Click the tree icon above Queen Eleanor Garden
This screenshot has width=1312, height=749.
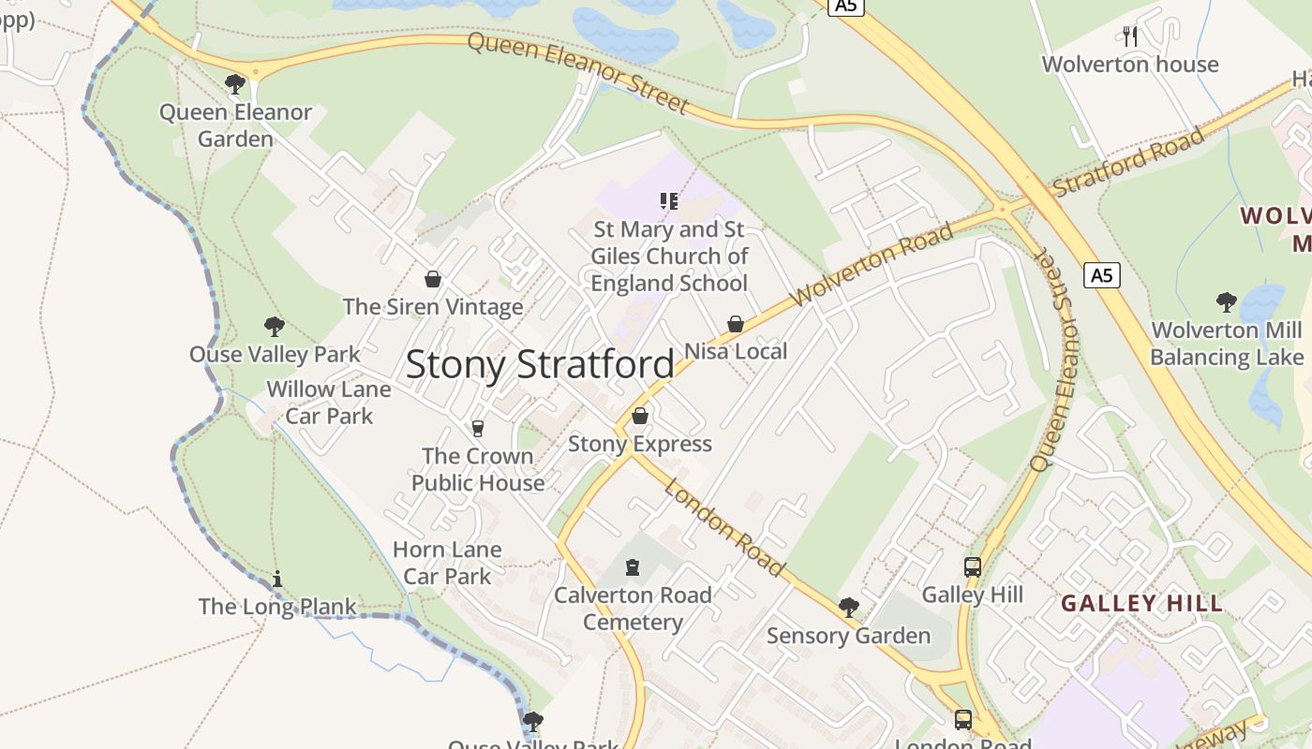pos(235,84)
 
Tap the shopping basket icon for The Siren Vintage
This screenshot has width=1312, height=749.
pos(433,279)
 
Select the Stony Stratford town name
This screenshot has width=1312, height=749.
pos(540,364)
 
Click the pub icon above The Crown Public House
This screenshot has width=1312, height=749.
pos(478,428)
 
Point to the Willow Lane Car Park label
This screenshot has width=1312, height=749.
pos(329,403)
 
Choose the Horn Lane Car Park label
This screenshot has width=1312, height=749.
pos(447,563)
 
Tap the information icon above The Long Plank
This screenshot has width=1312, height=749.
pos(277,580)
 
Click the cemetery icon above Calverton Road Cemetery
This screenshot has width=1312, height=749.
pos(634,567)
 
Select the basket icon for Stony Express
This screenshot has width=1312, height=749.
pos(640,416)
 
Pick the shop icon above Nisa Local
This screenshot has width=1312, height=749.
pos(736,324)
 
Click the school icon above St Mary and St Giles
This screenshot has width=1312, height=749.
pos(669,201)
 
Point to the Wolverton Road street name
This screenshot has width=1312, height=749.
pos(872,264)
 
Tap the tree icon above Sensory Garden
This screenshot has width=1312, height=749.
pos(849,608)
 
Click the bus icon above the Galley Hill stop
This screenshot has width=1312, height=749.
pos(973,567)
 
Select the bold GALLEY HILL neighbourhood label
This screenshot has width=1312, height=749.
pos(1142,603)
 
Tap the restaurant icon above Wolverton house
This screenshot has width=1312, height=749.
pos(1130,37)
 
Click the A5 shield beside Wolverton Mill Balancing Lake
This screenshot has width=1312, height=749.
pos(1102,275)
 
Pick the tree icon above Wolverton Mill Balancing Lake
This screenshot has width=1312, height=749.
pos(1226,301)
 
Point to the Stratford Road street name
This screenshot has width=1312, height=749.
pos(1128,162)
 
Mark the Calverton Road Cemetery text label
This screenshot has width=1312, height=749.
pos(634,609)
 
